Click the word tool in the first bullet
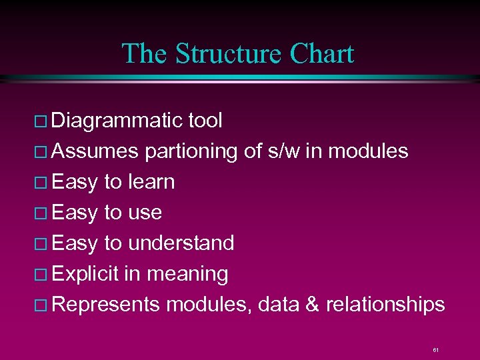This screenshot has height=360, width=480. tap(205, 121)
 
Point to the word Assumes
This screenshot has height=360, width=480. tap(95, 151)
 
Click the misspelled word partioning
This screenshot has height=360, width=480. tap(191, 151)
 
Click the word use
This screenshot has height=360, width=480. tap(145, 213)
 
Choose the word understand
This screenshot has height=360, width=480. tap(181, 243)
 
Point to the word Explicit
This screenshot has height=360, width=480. tap(85, 274)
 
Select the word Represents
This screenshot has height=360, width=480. tap(105, 305)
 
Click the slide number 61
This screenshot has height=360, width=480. tap(435, 349)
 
